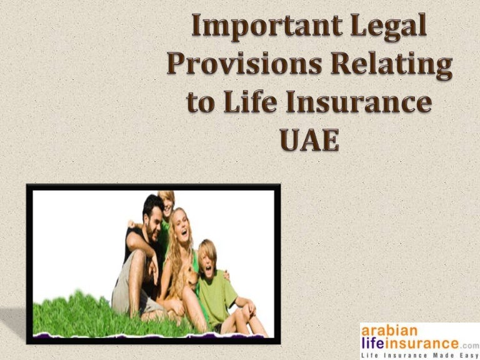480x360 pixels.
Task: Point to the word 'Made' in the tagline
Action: point(441,354)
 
